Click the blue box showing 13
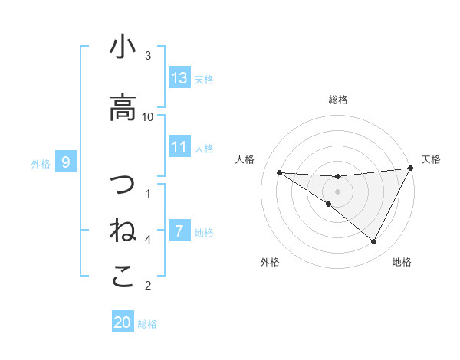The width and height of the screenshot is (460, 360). point(179,78)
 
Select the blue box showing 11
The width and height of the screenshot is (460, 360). point(179,147)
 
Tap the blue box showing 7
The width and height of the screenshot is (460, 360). point(179,231)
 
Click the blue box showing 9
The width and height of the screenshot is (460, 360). point(67,162)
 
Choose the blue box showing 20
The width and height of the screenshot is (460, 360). point(123,323)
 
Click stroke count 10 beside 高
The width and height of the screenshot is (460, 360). point(148,116)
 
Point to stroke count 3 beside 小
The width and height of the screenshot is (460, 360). point(148,56)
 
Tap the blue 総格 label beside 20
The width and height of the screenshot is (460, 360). point(147,324)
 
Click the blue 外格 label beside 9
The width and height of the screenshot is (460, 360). point(41,163)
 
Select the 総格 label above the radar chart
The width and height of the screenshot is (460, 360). point(337,100)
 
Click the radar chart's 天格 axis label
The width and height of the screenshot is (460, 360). point(432,159)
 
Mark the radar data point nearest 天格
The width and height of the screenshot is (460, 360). point(411,169)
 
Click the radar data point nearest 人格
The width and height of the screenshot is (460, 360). point(279,172)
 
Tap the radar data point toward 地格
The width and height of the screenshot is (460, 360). point(374,242)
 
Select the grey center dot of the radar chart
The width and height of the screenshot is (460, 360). point(337,191)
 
